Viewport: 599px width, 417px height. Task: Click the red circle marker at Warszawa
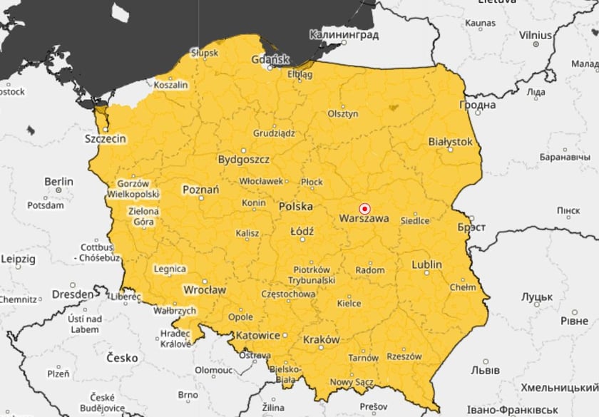(x=364, y=209)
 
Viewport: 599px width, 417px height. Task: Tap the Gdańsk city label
(x=270, y=59)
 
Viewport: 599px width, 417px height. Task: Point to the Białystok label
(x=450, y=142)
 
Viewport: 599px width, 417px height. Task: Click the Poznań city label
(x=201, y=190)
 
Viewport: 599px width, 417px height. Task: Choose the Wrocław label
(x=205, y=290)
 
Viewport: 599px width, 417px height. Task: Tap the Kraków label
(x=321, y=340)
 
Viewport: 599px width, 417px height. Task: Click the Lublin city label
(x=426, y=264)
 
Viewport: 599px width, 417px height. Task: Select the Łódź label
(x=302, y=232)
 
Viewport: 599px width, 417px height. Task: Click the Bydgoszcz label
(x=244, y=159)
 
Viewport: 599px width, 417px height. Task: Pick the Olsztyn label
(x=342, y=114)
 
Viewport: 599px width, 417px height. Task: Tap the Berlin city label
(x=58, y=182)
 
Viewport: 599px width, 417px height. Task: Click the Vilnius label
(x=535, y=34)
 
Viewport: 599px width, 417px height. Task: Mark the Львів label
(x=485, y=371)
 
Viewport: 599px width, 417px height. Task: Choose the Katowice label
(x=257, y=335)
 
